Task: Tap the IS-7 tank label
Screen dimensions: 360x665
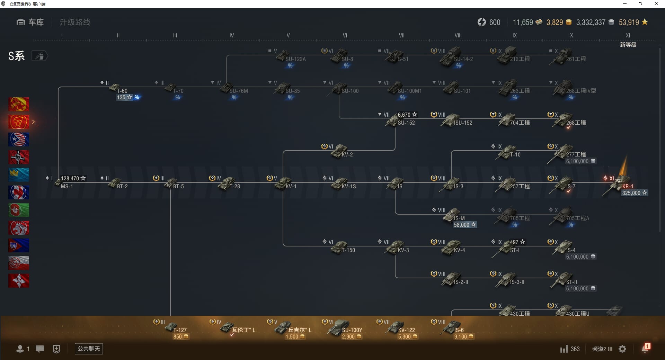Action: click(570, 186)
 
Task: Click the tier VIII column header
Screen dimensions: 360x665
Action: click(458, 35)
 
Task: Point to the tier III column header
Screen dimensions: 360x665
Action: click(175, 35)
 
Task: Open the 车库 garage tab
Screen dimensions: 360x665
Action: click(30, 22)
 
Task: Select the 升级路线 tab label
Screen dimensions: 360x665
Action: click(75, 22)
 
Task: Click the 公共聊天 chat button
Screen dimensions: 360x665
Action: click(89, 349)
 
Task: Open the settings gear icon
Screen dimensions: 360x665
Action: click(622, 349)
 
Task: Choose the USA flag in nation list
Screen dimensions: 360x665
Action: click(19, 139)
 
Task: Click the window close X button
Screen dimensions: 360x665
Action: click(656, 4)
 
